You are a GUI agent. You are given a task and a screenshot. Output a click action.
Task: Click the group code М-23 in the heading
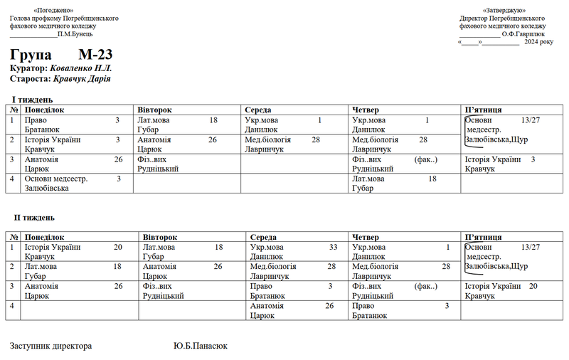(x=95, y=55)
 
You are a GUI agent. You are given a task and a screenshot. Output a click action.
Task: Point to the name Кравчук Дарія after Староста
(x=82, y=79)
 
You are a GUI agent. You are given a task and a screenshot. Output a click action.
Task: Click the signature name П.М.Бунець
(x=75, y=33)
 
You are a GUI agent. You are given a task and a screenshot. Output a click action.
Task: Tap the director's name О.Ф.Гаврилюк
(x=523, y=33)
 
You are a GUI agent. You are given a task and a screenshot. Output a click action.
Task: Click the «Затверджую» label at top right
(x=504, y=11)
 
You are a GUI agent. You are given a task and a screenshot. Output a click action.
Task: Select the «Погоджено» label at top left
(x=57, y=11)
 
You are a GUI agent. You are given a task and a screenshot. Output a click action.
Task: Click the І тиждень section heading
(x=32, y=100)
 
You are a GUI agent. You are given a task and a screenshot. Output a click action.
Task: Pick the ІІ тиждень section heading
(x=34, y=218)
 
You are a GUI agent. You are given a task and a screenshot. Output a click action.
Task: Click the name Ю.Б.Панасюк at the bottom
(x=200, y=346)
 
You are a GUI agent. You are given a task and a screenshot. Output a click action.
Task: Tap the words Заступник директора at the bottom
(x=50, y=346)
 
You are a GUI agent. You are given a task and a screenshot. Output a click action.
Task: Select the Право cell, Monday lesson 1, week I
(x=36, y=120)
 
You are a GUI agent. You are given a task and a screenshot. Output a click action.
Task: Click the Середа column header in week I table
(x=257, y=110)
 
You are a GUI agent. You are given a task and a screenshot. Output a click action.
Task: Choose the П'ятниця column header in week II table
(x=483, y=237)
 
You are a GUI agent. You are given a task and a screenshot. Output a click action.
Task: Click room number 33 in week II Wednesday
(x=333, y=247)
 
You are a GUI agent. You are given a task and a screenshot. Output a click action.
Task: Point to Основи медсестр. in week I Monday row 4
(x=56, y=179)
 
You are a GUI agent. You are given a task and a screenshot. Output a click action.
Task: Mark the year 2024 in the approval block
(x=533, y=42)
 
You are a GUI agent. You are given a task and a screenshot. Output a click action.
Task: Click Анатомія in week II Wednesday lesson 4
(x=267, y=305)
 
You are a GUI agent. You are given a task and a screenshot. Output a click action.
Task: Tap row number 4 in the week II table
(x=14, y=305)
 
